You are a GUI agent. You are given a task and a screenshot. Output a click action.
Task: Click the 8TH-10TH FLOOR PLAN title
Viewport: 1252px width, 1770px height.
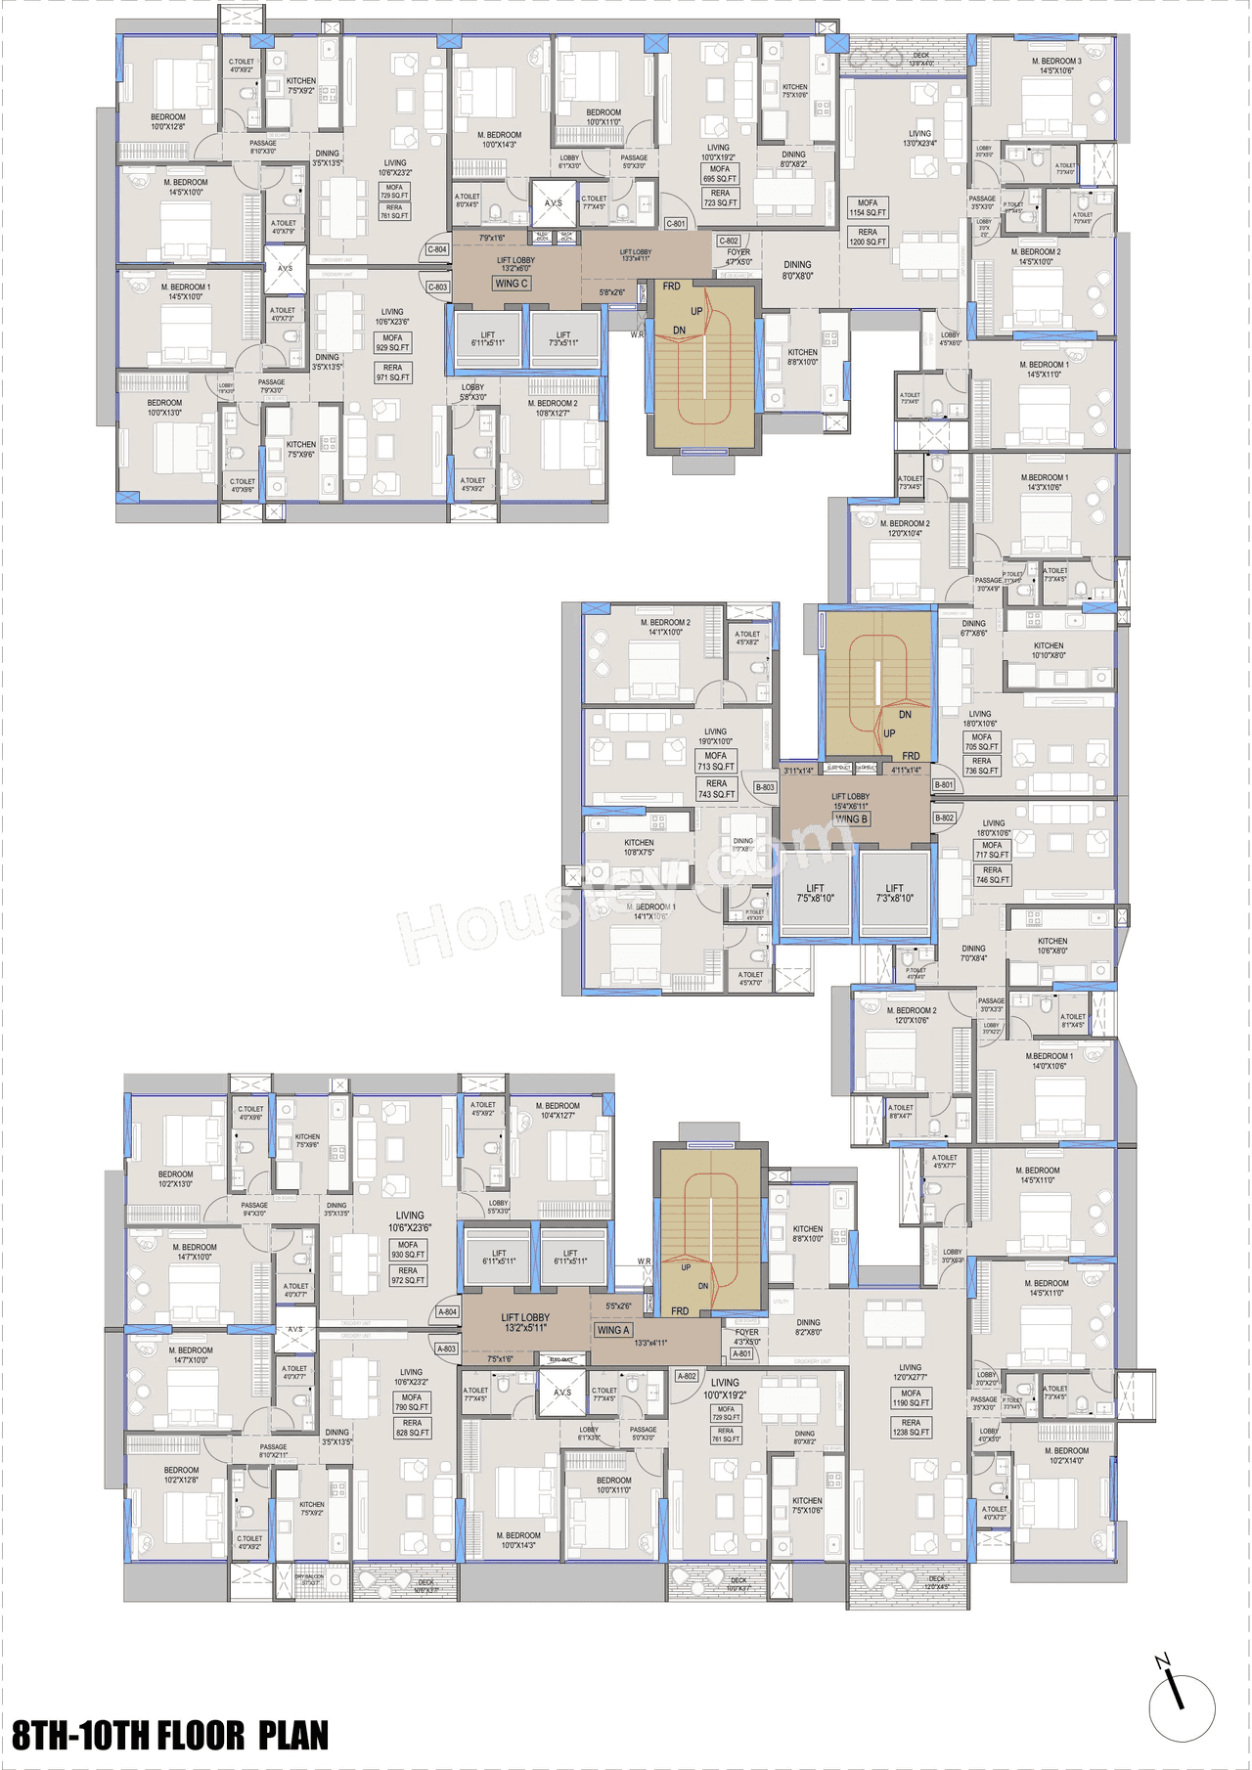coord(170,1734)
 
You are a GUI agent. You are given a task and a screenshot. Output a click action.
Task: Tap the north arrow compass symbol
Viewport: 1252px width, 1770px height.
coord(1181,1707)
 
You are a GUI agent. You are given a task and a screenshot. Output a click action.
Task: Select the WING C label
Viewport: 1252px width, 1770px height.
coord(511,284)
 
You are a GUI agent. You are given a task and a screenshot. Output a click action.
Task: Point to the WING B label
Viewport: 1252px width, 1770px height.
coord(851,819)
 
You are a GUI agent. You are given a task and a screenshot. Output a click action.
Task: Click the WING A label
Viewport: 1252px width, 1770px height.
coord(613,1330)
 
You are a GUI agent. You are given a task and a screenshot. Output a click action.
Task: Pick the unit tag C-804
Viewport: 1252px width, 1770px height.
coord(437,249)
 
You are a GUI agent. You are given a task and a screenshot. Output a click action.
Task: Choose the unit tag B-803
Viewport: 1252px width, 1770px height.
coord(765,787)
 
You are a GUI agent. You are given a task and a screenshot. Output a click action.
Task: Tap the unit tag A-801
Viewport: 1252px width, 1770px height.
coord(742,1353)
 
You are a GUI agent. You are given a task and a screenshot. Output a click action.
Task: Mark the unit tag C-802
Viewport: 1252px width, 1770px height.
coord(729,241)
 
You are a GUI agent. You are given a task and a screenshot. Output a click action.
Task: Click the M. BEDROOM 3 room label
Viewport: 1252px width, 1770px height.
coord(1056,66)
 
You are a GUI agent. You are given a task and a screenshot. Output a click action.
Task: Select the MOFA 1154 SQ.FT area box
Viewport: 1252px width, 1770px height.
coord(868,207)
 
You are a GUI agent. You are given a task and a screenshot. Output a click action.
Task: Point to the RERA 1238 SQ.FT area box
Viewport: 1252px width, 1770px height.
coord(911,1428)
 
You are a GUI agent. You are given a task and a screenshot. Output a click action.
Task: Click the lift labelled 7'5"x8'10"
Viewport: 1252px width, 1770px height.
coord(815,894)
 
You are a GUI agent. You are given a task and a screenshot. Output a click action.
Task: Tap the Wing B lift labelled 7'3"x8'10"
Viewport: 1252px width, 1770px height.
coord(894,894)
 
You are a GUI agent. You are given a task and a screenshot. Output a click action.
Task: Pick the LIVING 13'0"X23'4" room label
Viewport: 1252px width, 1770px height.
coord(919,139)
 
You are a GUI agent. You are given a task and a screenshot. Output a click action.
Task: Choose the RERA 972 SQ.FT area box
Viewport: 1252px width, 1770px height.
coord(408,1275)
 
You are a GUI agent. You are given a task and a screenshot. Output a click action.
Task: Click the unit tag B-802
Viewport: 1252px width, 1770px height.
coord(944,818)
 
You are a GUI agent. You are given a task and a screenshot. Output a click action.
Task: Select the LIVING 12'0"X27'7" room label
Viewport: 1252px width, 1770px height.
coord(910,1372)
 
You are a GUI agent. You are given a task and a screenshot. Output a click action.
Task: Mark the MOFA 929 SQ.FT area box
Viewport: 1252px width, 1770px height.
coord(392,342)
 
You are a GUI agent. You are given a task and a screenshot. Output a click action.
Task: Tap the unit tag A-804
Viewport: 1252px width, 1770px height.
coord(447,1312)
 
